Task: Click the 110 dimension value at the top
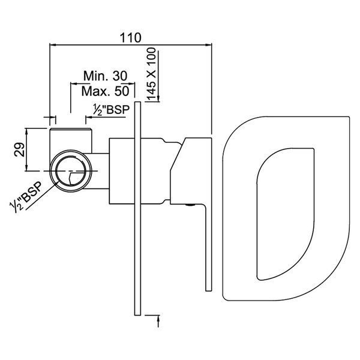130,38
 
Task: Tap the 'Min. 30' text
106,76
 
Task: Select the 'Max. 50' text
106,91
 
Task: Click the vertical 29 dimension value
20,149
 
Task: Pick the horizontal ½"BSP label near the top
112,109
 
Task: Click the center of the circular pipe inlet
71,171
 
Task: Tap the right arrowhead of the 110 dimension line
208,45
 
